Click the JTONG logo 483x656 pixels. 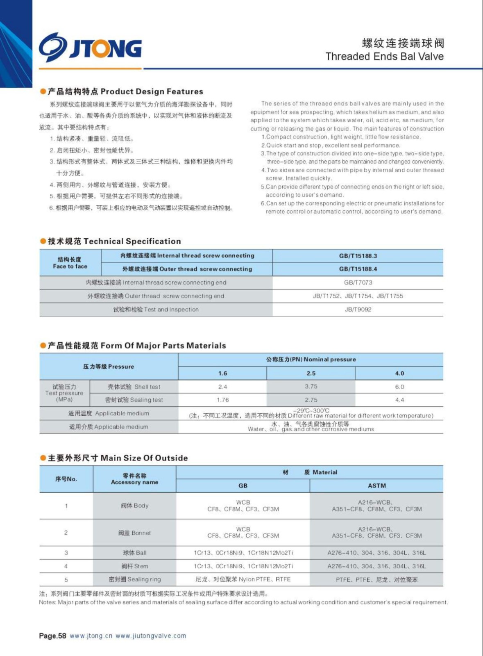pyautogui.click(x=91, y=48)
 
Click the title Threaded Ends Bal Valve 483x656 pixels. pyautogui.click(x=384, y=57)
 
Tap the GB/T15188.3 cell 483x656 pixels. pyautogui.click(x=358, y=256)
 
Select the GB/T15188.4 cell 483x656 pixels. pyautogui.click(x=358, y=269)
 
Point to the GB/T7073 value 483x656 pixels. pyautogui.click(x=358, y=282)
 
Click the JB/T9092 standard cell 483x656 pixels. pyautogui.click(x=358, y=310)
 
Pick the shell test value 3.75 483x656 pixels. pyautogui.click(x=311, y=386)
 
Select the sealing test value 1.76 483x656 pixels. pyautogui.click(x=222, y=400)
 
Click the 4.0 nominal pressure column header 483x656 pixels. pyautogui.click(x=399, y=373)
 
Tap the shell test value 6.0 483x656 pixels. pyautogui.click(x=399, y=387)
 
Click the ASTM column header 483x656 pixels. pyautogui.click(x=376, y=485)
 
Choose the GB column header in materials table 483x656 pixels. pyautogui.click(x=243, y=485)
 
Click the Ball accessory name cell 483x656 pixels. pyautogui.click(x=134, y=553)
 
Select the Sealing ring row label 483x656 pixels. pyautogui.click(x=134, y=579)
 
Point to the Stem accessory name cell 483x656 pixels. pyautogui.click(x=134, y=566)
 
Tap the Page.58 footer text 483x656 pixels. pyautogui.click(x=52, y=636)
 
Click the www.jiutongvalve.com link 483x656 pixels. pyautogui.click(x=150, y=636)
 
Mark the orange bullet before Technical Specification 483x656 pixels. pyautogui.click(x=43, y=241)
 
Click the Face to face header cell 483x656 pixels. pyautogui.click(x=70, y=263)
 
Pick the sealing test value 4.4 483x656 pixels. pyautogui.click(x=399, y=400)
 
